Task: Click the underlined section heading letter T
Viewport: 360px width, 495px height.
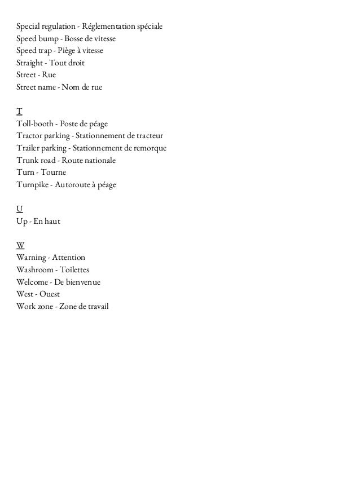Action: (19, 111)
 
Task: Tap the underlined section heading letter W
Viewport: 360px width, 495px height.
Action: (20, 245)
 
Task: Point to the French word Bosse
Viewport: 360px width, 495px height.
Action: (74, 39)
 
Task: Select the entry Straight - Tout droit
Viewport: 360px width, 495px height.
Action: (50, 63)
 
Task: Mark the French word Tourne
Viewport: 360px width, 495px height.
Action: (54, 173)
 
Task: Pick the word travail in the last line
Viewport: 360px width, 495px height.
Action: (96, 307)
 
